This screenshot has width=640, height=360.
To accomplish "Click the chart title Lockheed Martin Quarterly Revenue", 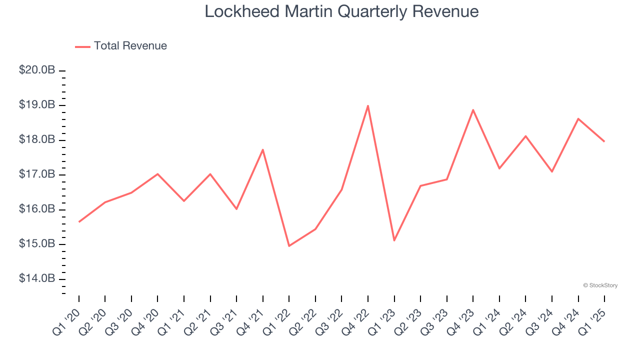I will pos(341,11).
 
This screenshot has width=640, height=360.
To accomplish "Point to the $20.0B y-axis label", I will pos(37,70).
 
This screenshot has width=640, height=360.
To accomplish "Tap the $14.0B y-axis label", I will pos(37,278).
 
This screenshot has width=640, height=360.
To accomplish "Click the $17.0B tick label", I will pos(37,174).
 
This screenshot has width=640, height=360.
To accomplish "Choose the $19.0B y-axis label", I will pos(37,105).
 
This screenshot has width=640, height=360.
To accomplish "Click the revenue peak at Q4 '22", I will pos(368,106).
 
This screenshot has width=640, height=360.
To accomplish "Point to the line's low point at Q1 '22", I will pos(289,246).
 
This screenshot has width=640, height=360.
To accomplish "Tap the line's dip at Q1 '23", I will pos(394,240).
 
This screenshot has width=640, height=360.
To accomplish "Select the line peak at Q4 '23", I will pos(473,110).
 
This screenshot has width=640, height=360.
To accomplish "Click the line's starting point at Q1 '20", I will pos(79,221).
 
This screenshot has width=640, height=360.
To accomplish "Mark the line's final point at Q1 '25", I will pos(604,141).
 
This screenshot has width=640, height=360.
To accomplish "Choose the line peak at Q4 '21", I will pos(262,149).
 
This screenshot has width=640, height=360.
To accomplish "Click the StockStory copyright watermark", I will pos(600,285).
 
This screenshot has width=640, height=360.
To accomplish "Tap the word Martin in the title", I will pos(312,11).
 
